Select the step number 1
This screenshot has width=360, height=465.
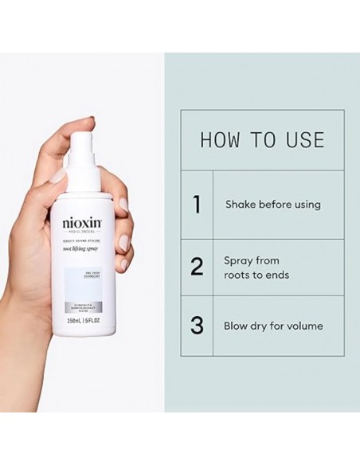tap(196, 205)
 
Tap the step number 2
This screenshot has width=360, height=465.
tap(196, 267)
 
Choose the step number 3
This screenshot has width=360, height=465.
tap(196, 326)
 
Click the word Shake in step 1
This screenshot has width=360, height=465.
tap(241, 205)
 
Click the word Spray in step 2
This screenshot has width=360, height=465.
tap(240, 260)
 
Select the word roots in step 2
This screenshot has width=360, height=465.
tap(241, 275)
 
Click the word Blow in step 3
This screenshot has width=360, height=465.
tap(238, 326)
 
